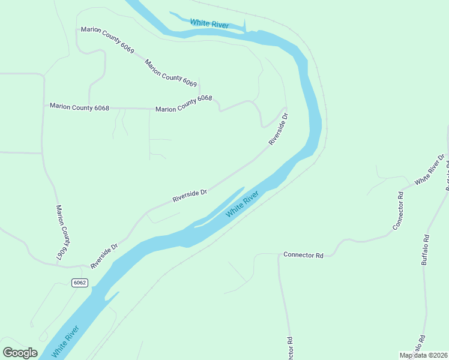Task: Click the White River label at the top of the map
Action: click(209, 24)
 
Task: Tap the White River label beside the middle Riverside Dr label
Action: click(243, 205)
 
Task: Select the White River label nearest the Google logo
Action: click(65, 342)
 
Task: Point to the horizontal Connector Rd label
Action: click(303, 255)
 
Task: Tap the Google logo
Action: click(20, 353)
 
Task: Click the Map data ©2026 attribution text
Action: click(423, 355)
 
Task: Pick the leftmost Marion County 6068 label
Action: click(79, 107)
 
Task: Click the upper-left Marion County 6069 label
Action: click(107, 41)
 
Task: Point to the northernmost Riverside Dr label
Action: click(279, 129)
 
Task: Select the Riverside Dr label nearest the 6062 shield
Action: click(104, 256)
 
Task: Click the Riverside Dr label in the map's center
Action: click(190, 196)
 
